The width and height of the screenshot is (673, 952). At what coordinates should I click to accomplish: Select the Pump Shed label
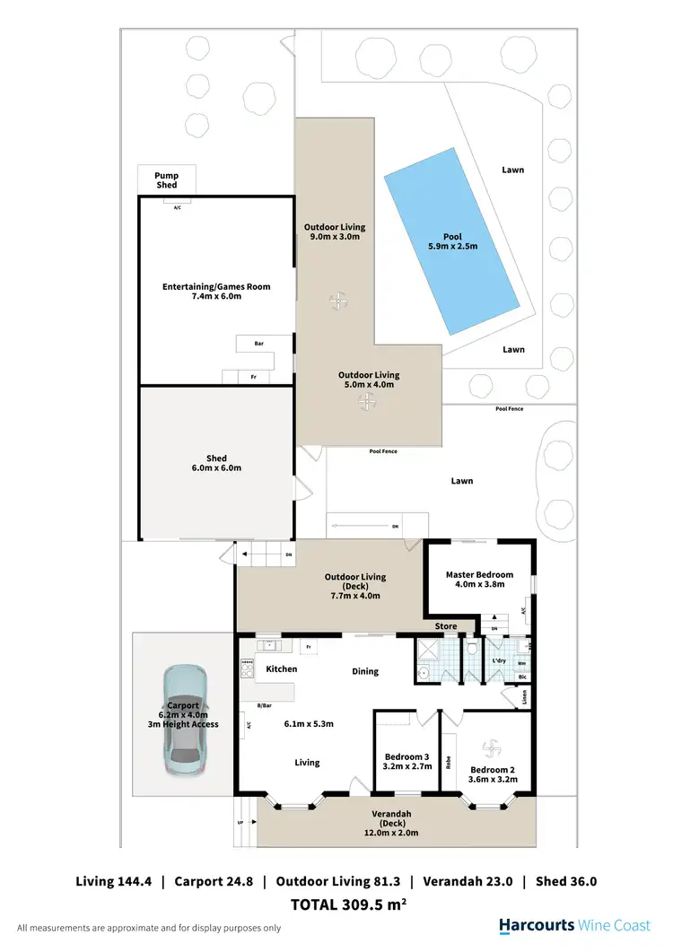pos(167,180)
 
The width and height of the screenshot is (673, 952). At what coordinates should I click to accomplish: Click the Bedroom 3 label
pos(407,761)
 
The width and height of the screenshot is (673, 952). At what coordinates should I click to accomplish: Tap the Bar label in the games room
pos(259,343)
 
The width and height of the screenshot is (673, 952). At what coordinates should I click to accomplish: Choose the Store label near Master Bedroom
pos(446,626)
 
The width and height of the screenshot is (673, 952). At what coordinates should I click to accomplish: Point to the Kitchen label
pos(281,669)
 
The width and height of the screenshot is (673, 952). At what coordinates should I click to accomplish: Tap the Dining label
pos(364,671)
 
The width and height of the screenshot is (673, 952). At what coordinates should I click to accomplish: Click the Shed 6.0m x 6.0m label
pos(215,463)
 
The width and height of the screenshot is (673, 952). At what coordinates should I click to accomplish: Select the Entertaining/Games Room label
pos(215,292)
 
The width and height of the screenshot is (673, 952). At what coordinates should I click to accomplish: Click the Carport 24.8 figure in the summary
pos(213,881)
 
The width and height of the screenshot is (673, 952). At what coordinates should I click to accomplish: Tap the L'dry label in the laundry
pos(500,661)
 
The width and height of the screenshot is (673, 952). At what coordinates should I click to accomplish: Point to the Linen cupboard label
pos(525,694)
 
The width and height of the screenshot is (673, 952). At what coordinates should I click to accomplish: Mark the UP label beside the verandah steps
pos(239,822)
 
